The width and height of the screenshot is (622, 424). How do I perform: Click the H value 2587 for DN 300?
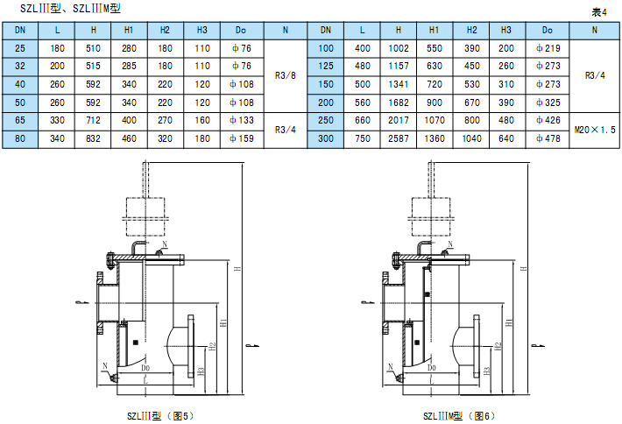pyautogui.click(x=399, y=138)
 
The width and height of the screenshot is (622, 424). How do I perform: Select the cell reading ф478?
pyautogui.click(x=548, y=138)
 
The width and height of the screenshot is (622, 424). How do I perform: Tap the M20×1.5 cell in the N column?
pyautogui.click(x=595, y=130)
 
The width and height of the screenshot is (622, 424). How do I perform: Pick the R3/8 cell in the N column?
pyautogui.click(x=286, y=75)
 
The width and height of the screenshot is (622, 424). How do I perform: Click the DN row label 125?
pyautogui.click(x=326, y=66)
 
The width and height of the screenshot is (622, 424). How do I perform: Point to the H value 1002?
pyautogui.click(x=399, y=48)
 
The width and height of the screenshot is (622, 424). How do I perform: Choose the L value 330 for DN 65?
pyautogui.click(x=57, y=120)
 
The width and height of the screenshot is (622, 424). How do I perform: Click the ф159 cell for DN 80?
pyautogui.click(x=242, y=138)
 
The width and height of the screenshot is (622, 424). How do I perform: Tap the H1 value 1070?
pyautogui.click(x=435, y=120)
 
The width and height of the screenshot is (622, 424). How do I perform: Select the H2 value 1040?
pyautogui.click(x=471, y=138)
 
